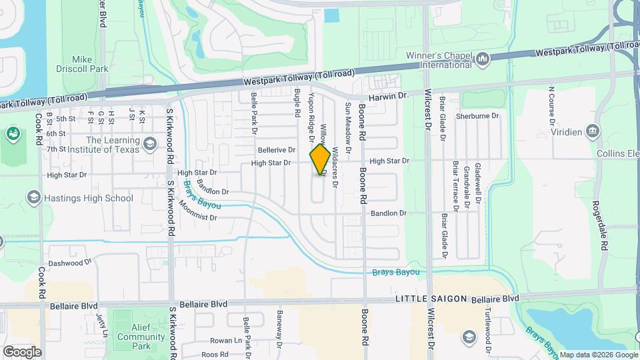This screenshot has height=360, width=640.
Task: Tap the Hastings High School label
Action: click(89, 198)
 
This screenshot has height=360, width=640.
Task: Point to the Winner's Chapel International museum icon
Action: click(483, 61)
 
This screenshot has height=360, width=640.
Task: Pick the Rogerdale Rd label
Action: click(603, 225)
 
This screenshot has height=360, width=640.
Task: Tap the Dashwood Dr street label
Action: click(69, 263)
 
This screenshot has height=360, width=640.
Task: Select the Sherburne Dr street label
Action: click(477, 115)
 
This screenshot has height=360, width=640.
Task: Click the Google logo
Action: click(22, 351)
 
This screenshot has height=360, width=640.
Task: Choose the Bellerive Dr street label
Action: click(276, 150)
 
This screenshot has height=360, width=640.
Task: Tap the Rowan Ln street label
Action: click(219, 341)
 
